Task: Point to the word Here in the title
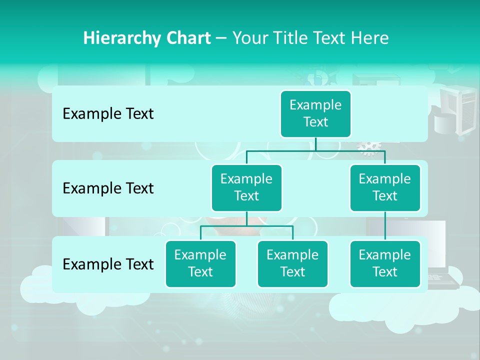369,38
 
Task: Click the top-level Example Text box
315,114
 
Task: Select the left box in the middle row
246,187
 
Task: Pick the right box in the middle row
385,187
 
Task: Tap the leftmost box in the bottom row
200,263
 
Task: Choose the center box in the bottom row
292,263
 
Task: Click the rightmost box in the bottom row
385,263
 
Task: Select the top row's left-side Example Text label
108,114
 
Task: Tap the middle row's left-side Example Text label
108,188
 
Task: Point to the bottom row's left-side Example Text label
108,264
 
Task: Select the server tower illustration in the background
456,110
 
